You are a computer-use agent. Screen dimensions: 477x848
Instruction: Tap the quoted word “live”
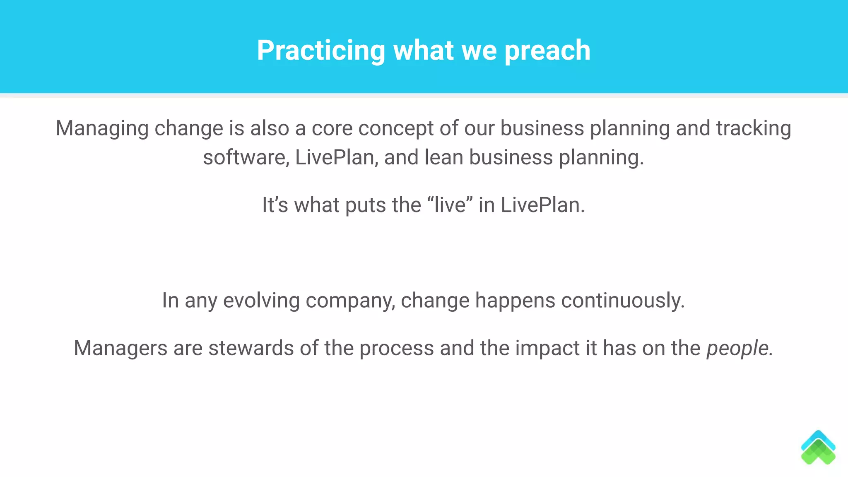pyautogui.click(x=449, y=205)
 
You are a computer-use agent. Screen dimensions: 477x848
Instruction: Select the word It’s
pyautogui.click(x=275, y=205)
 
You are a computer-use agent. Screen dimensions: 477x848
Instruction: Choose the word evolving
pyautogui.click(x=261, y=300)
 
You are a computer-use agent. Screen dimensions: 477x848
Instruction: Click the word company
pyautogui.click(x=350, y=301)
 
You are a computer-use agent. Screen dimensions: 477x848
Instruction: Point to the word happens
pyautogui.click(x=515, y=301)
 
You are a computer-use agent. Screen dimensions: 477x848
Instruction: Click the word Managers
pyautogui.click(x=120, y=348)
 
